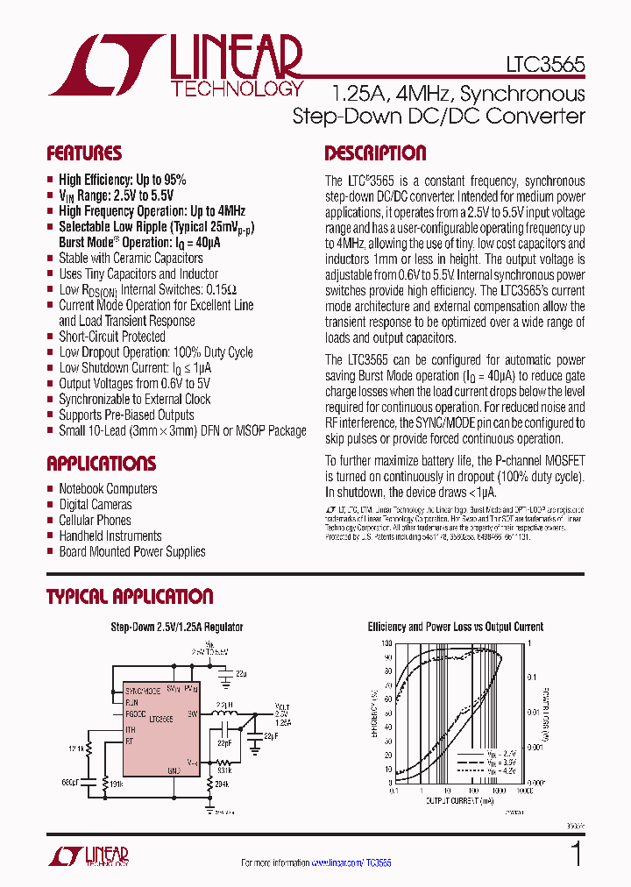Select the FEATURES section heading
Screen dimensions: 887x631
(84, 153)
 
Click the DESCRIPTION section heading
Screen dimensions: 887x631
(375, 153)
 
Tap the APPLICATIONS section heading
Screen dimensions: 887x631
(101, 464)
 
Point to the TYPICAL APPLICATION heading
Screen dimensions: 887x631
(130, 597)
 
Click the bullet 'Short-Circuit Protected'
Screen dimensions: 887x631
(111, 337)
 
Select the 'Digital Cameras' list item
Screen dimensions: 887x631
(95, 505)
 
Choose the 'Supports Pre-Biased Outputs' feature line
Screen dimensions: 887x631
(126, 415)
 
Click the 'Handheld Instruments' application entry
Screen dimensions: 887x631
(110, 536)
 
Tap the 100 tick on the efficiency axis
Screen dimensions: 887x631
(386, 643)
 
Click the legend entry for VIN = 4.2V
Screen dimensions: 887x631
(491, 775)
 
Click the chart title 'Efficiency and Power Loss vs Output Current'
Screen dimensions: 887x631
(454, 627)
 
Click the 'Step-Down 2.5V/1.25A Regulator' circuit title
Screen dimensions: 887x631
(176, 627)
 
